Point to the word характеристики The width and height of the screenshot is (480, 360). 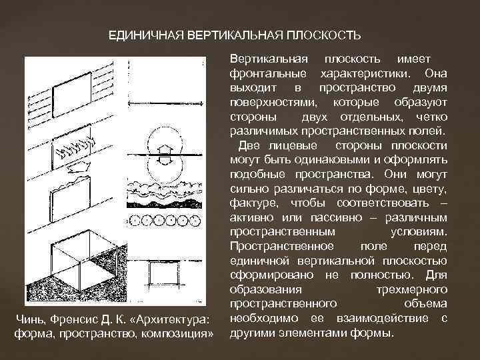pos(369,72)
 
